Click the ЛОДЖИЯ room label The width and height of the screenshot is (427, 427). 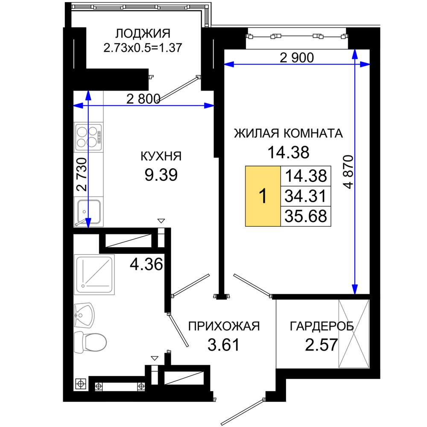143,34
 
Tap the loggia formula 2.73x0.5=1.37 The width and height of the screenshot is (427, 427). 143,48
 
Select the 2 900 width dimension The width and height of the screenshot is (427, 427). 297,58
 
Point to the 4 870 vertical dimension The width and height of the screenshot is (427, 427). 348,172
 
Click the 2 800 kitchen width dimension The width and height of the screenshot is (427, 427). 143,99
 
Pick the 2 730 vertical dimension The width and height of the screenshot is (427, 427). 82,174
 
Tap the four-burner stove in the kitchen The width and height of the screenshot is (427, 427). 88,137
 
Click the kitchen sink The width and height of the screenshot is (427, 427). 88,212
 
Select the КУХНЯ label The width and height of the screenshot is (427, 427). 161,156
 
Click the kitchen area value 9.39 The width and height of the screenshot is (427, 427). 161,175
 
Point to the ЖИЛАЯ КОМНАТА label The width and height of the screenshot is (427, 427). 288,133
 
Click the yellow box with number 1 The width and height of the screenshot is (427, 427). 263,196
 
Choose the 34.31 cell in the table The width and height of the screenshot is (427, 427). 306,196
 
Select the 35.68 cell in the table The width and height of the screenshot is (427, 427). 306,216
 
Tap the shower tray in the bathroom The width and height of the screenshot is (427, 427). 94,275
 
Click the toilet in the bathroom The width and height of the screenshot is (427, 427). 90,342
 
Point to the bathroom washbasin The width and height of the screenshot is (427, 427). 84,316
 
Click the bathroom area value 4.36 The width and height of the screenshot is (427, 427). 146,264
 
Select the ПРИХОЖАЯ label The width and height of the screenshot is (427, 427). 224,326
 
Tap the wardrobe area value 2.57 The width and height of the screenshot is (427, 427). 322,345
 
